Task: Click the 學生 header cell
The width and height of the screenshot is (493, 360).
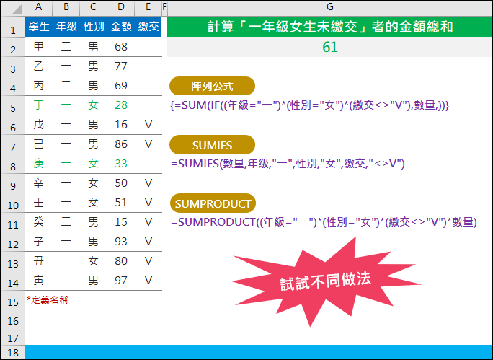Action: (39, 27)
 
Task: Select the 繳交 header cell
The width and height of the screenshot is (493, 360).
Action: (148, 27)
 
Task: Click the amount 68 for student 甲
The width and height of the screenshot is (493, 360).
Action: (121, 47)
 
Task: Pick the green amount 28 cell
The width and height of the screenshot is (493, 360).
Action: (121, 105)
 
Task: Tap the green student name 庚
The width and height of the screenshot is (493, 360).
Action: (39, 164)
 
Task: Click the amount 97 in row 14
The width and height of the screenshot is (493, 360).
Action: (121, 281)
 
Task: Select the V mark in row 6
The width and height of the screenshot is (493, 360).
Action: (148, 125)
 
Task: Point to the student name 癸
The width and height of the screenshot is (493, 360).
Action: (39, 222)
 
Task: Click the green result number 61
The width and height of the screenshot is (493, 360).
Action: (330, 47)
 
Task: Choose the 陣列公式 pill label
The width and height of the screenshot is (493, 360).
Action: (212, 86)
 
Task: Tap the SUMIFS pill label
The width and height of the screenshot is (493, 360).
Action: (212, 145)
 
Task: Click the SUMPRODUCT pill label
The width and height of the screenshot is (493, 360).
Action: (213, 203)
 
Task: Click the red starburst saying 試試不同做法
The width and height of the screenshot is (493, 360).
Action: (325, 281)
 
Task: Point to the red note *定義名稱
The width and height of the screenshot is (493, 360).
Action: (47, 300)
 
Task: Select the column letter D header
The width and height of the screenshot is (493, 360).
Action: (121, 7)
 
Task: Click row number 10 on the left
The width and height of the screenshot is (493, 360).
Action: (13, 206)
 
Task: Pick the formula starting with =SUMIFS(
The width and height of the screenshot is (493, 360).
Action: (288, 164)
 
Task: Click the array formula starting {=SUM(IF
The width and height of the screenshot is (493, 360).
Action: (310, 105)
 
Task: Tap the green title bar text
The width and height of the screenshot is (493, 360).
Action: (330, 27)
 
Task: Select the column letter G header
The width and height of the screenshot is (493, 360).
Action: (330, 7)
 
